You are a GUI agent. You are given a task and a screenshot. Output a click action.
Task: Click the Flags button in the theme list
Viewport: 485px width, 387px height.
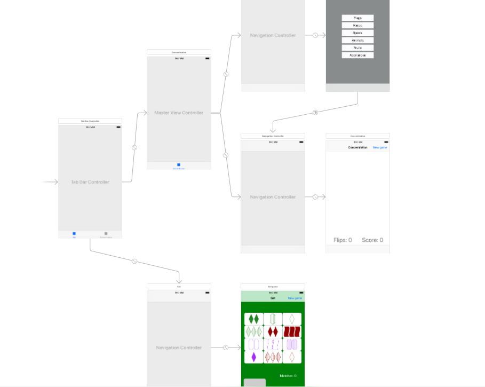click(357, 18)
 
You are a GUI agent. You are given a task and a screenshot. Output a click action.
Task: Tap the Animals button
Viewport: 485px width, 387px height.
click(357, 40)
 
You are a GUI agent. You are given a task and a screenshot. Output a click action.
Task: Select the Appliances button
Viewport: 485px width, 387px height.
click(357, 55)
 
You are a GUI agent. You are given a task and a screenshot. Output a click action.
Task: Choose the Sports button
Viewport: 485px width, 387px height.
click(357, 33)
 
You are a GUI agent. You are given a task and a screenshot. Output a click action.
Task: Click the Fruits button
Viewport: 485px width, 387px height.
click(357, 48)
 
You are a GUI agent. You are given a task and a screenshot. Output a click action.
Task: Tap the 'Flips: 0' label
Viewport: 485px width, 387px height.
click(343, 240)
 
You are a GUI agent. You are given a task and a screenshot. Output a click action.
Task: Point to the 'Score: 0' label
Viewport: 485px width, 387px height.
click(372, 240)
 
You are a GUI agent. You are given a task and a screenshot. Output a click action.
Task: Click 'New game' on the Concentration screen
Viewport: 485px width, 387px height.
click(379, 147)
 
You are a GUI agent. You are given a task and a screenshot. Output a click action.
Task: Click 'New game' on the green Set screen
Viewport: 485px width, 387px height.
click(295, 298)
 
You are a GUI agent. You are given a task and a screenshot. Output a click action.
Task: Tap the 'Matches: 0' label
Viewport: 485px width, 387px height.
click(288, 376)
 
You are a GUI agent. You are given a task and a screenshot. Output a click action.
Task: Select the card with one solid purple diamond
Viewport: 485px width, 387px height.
click(254, 357)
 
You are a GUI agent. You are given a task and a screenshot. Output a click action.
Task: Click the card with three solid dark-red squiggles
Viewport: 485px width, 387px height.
click(292, 331)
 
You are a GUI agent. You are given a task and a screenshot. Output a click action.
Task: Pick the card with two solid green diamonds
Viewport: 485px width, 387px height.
click(254, 319)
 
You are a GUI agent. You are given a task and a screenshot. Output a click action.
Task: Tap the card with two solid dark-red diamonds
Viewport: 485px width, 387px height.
click(273, 331)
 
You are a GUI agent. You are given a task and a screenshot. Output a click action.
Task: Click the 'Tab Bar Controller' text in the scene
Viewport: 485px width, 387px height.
click(90, 182)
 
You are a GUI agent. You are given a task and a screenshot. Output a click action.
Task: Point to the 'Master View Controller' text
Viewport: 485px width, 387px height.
click(179, 113)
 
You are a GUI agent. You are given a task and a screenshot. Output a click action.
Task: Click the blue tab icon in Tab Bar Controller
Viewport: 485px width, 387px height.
click(74, 234)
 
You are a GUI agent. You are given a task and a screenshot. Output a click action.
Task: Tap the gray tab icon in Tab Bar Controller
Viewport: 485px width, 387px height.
click(106, 234)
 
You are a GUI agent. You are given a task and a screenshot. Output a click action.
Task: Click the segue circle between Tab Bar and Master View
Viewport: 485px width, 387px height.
click(134, 147)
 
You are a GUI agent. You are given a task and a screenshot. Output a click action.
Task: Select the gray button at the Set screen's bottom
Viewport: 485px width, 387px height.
click(255, 383)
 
